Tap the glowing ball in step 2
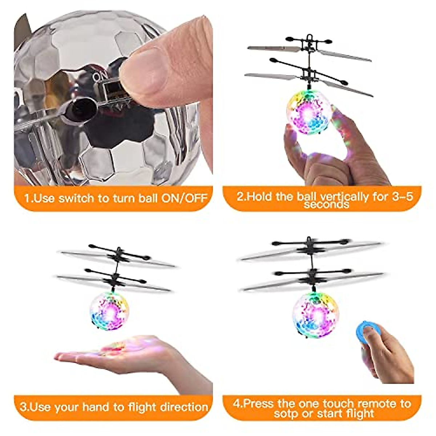309,112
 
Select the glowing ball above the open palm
109,311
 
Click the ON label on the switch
99,77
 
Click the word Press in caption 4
258,404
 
